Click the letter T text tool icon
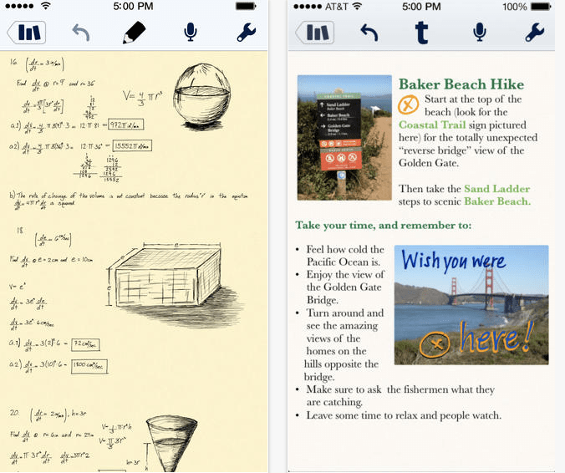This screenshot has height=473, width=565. tap(422, 33)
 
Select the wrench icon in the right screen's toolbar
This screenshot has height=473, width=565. tap(534, 33)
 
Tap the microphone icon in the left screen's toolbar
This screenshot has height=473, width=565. tap(191, 33)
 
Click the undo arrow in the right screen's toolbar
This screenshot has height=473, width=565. tap(368, 33)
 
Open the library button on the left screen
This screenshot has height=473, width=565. tap(27, 33)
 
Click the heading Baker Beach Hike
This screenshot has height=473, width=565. tap(461, 84)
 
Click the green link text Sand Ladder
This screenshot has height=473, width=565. tap(497, 189)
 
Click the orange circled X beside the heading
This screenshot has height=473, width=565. tap(408, 104)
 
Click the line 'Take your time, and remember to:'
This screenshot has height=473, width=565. tap(383, 226)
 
